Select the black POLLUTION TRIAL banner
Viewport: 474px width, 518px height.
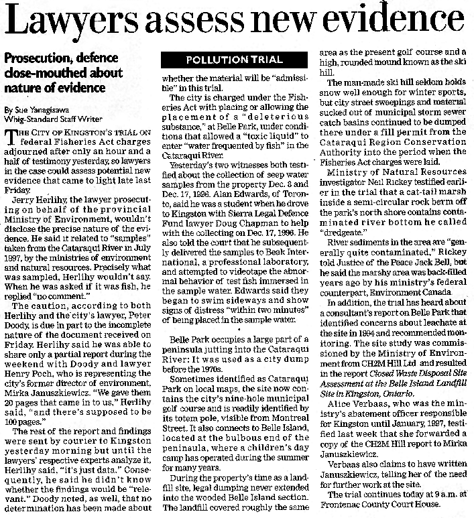(234, 60)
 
